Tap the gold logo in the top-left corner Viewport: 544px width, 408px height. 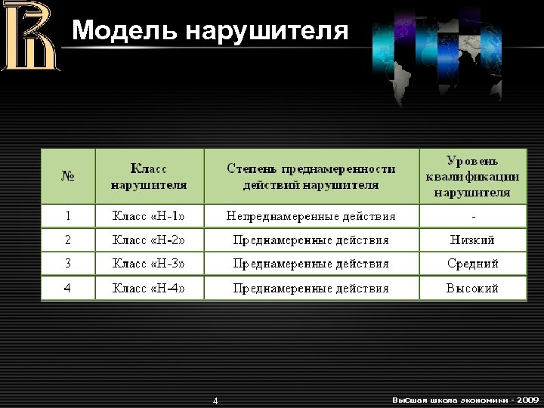tap(29, 36)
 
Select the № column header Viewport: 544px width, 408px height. tap(68, 176)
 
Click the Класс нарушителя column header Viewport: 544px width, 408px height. tap(149, 176)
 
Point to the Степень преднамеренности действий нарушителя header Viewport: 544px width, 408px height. tap(311, 176)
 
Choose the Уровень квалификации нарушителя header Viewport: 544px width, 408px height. tap(472, 176)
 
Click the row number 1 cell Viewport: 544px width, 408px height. tap(68, 216)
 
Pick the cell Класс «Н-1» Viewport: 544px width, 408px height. tap(149, 216)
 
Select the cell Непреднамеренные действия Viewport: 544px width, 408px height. tap(311, 216)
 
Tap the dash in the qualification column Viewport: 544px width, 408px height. tap(472, 216)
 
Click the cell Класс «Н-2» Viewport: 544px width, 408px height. tap(149, 240)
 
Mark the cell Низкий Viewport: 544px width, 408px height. tap(472, 240)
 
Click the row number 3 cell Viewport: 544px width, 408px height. tap(68, 264)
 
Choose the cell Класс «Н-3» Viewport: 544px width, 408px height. tap(149, 264)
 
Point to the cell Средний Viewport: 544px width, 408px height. tap(472, 264)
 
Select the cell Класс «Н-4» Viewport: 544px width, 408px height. tap(149, 288)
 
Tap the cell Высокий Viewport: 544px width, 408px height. tap(472, 288)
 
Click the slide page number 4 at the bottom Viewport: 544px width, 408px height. tap(215, 400)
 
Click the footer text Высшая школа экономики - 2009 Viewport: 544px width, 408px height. tap(465, 399)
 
